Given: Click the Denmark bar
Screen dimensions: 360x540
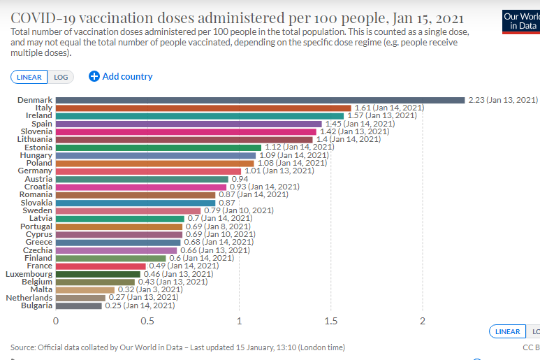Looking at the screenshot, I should pos(260,100).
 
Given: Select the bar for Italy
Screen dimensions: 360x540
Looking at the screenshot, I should pos(203,108).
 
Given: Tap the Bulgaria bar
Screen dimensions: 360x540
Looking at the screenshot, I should pos(78,305).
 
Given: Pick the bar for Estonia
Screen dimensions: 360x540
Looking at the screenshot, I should pos(158,147).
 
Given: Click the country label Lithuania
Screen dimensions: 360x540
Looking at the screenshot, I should pos(33,139).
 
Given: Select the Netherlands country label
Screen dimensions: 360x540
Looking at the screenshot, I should pos(29,298).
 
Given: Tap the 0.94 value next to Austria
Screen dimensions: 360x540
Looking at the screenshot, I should pos(240,179).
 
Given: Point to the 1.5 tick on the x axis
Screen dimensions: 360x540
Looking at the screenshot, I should pos(330,321).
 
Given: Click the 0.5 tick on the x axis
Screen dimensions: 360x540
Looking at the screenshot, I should pos(147,321).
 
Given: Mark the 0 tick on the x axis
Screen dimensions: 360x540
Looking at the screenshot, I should pos(56,321).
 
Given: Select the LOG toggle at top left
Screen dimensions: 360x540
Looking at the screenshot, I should pos(61,77).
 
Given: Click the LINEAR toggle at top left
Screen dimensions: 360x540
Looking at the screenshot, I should pos(29,77).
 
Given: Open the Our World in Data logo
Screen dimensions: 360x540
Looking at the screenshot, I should pos(521,21).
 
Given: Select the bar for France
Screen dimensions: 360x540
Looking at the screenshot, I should pos(101,266).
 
